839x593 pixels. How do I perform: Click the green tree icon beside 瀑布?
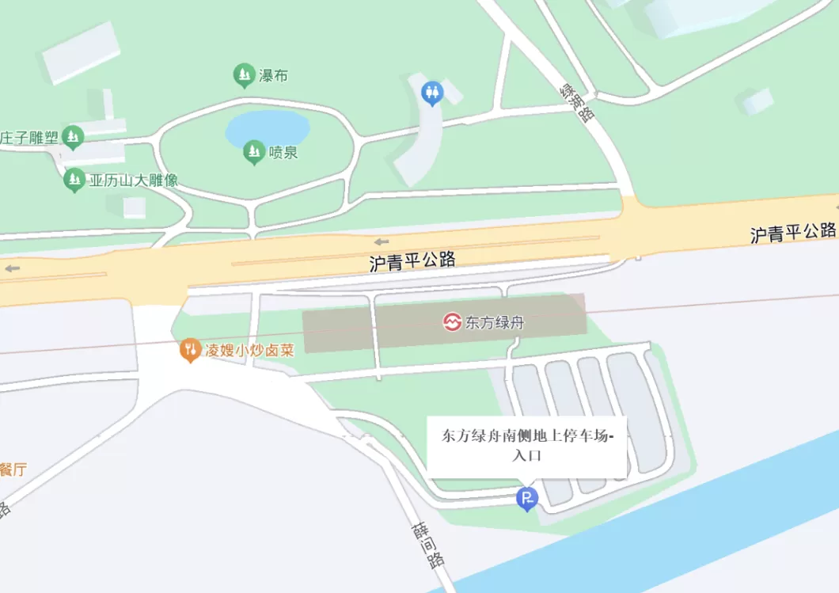[x=244, y=75]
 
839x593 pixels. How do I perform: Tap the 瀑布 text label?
[x=273, y=76]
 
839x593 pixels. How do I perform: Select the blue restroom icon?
[x=431, y=93]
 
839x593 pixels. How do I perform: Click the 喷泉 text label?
[x=283, y=153]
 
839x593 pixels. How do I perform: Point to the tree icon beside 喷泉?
[x=253, y=151]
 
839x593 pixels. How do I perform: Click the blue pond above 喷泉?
[x=267, y=127]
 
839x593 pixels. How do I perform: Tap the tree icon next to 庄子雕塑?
[x=73, y=137]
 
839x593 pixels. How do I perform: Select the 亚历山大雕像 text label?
[x=133, y=181]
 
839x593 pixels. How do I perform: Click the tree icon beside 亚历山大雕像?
[x=74, y=181]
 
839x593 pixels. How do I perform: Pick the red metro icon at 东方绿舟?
[x=452, y=322]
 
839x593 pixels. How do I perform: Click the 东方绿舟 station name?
[x=495, y=323]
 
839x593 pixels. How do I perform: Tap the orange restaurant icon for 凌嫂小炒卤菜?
[x=189, y=349]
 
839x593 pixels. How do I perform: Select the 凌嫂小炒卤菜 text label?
[x=249, y=349]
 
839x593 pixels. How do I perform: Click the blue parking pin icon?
[x=526, y=499]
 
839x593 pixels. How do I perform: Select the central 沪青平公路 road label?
[x=412, y=262]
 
